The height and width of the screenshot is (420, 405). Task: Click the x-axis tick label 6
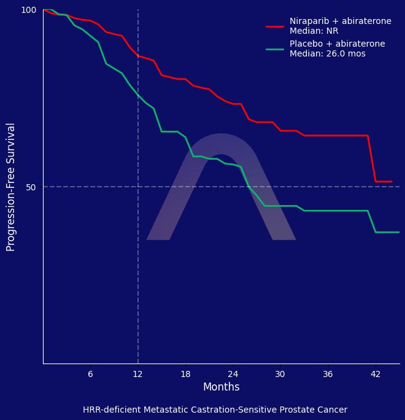(90, 375)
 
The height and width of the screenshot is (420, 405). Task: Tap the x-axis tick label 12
(137, 375)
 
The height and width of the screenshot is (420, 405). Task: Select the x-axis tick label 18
(185, 375)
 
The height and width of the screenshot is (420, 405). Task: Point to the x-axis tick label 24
(233, 375)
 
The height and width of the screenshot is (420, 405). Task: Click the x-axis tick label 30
(280, 375)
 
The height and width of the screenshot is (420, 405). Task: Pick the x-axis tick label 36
(328, 375)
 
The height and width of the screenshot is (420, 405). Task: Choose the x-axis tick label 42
(375, 375)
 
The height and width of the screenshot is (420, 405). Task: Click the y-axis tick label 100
(29, 10)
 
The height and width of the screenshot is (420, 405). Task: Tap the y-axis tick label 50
(31, 187)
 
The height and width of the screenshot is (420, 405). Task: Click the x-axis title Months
(221, 387)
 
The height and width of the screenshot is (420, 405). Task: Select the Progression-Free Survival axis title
(11, 187)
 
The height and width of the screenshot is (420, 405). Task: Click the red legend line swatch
(275, 26)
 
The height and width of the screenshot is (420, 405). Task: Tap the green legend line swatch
(275, 49)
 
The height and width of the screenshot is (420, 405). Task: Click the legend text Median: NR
(314, 31)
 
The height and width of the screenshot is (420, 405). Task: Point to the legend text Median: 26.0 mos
(327, 54)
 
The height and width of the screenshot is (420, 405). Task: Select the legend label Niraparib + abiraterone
(340, 21)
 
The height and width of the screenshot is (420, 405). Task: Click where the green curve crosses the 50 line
(249, 187)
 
